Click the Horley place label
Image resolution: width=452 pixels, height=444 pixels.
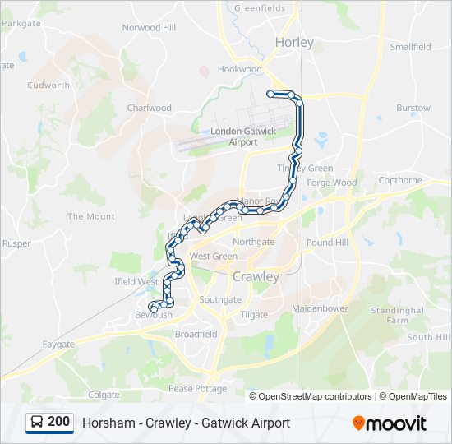pyautogui.click(x=294, y=42)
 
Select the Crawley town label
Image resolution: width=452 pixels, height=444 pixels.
pyautogui.click(x=256, y=276)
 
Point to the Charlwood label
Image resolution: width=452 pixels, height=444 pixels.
pyautogui.click(x=150, y=108)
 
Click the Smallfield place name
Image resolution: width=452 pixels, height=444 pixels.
pyautogui.click(x=410, y=47)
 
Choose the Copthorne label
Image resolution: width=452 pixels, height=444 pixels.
pyautogui.click(x=400, y=180)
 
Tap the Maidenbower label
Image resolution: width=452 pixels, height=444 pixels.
pyautogui.click(x=321, y=308)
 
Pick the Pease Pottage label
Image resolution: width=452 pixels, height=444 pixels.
pyautogui.click(x=197, y=388)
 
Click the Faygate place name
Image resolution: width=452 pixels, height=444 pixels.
pyautogui.click(x=58, y=344)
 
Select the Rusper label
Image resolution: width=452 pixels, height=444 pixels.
pyautogui.click(x=16, y=243)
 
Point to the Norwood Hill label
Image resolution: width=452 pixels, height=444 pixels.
pyautogui.click(x=149, y=27)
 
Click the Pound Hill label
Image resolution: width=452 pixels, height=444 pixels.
pyautogui.click(x=327, y=243)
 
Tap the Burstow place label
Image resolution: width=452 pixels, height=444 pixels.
pyautogui.click(x=413, y=108)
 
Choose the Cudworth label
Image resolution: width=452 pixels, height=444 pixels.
pyautogui.click(x=48, y=85)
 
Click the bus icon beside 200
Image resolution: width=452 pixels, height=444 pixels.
pyautogui.click(x=37, y=423)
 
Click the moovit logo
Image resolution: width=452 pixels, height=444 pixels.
pyautogui.click(x=390, y=423)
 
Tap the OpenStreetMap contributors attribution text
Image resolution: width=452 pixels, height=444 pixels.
pyautogui.click(x=310, y=396)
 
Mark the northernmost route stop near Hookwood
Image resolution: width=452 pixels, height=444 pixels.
pyautogui.click(x=270, y=94)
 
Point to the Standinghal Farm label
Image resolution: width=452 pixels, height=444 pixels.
pyautogui.click(x=397, y=315)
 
